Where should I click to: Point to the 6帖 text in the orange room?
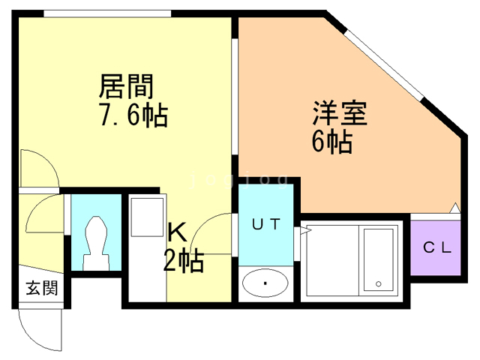point(331,142)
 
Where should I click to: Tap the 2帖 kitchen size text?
point(183,261)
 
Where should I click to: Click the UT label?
point(265,223)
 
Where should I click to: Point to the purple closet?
point(436,246)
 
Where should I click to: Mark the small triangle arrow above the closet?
point(454,208)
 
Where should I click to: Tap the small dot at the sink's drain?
point(265,283)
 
